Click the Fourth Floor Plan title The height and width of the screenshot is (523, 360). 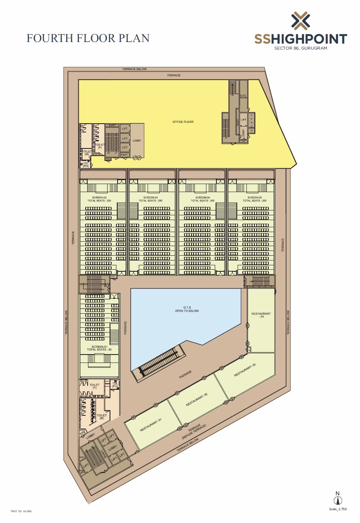tap(88, 38)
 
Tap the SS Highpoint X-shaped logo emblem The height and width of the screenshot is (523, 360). tap(300, 21)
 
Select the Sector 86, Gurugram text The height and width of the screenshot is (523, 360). tap(300, 48)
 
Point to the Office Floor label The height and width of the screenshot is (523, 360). tap(183, 122)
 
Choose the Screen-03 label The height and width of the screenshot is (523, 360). tap(150, 198)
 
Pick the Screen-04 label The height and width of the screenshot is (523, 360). tap(203, 198)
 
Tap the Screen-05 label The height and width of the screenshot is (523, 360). tap(254, 198)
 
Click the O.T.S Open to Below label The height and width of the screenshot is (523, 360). tap(186, 309)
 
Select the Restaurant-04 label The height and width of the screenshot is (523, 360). tap(261, 315)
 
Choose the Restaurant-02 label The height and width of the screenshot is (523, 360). tap(197, 399)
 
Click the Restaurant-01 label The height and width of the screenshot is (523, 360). tap(150, 425)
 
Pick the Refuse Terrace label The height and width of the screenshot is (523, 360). tap(195, 432)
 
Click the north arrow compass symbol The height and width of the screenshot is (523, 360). tap(338, 500)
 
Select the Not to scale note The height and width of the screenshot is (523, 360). tap(21, 511)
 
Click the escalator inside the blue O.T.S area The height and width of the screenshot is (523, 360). tap(159, 363)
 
